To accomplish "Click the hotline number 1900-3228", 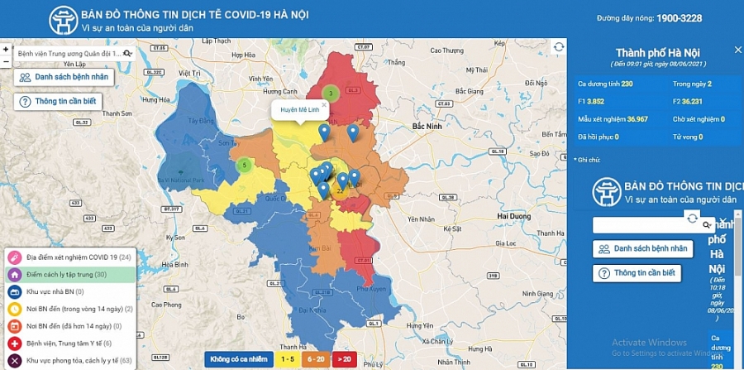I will pos(679,18).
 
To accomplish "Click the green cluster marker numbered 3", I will pos(331,94).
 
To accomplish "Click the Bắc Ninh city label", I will pos(430,126).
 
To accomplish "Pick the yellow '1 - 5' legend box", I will pos(288,359).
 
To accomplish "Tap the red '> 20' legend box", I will pos(345,359).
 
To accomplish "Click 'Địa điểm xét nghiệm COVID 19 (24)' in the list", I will pos(71,257).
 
